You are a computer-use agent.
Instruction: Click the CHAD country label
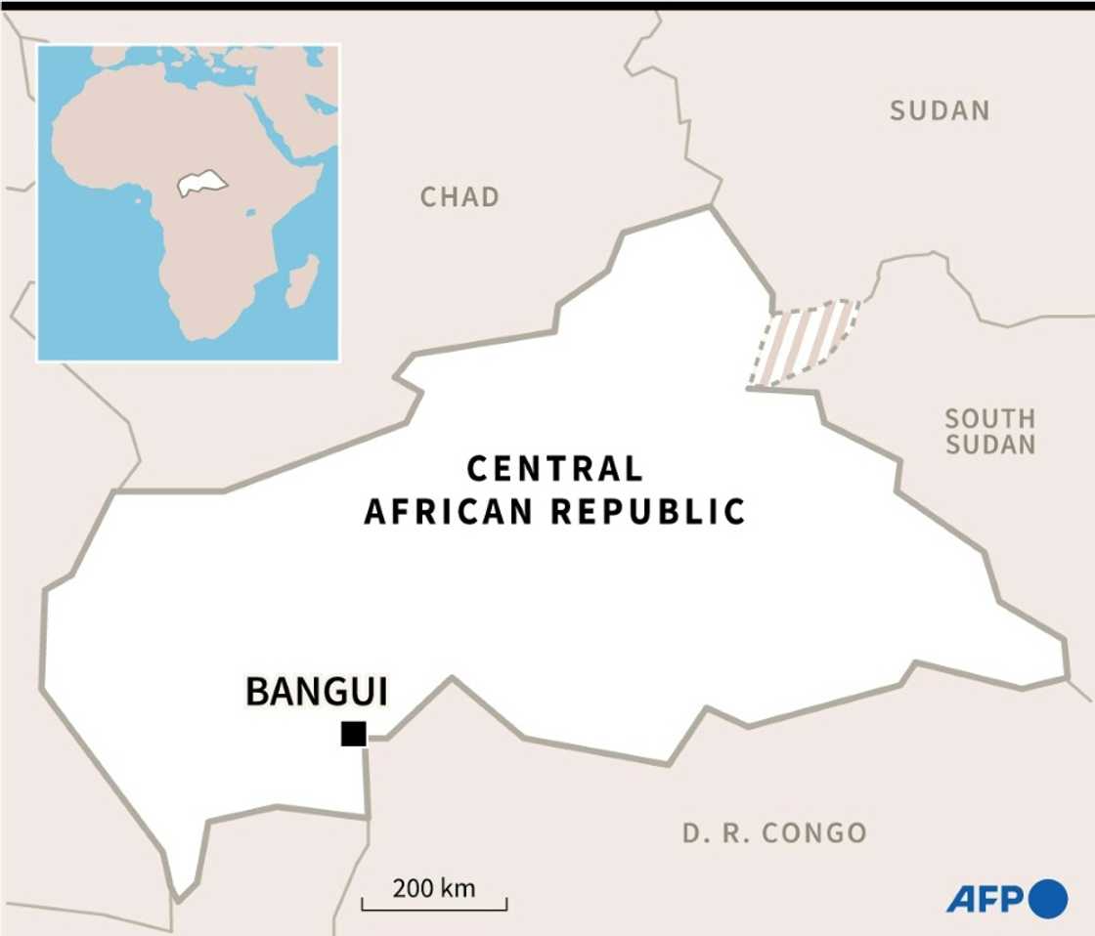point(460,197)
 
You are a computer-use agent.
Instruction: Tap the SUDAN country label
point(940,111)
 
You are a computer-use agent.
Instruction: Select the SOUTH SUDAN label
point(989,432)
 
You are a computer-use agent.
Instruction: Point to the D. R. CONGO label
point(774,833)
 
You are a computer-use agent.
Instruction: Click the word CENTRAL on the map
point(555,470)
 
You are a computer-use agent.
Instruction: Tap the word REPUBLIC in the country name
point(648,511)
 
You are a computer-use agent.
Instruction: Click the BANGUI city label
point(316,692)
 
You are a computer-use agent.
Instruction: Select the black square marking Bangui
point(353,734)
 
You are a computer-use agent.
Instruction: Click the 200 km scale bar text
point(433,888)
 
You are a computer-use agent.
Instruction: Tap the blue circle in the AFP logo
point(1049,898)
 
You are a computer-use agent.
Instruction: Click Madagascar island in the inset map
point(303,280)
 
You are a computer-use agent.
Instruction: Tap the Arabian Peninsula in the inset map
point(293,117)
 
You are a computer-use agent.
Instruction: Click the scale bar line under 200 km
point(434,909)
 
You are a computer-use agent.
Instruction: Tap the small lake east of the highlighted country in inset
point(251,211)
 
